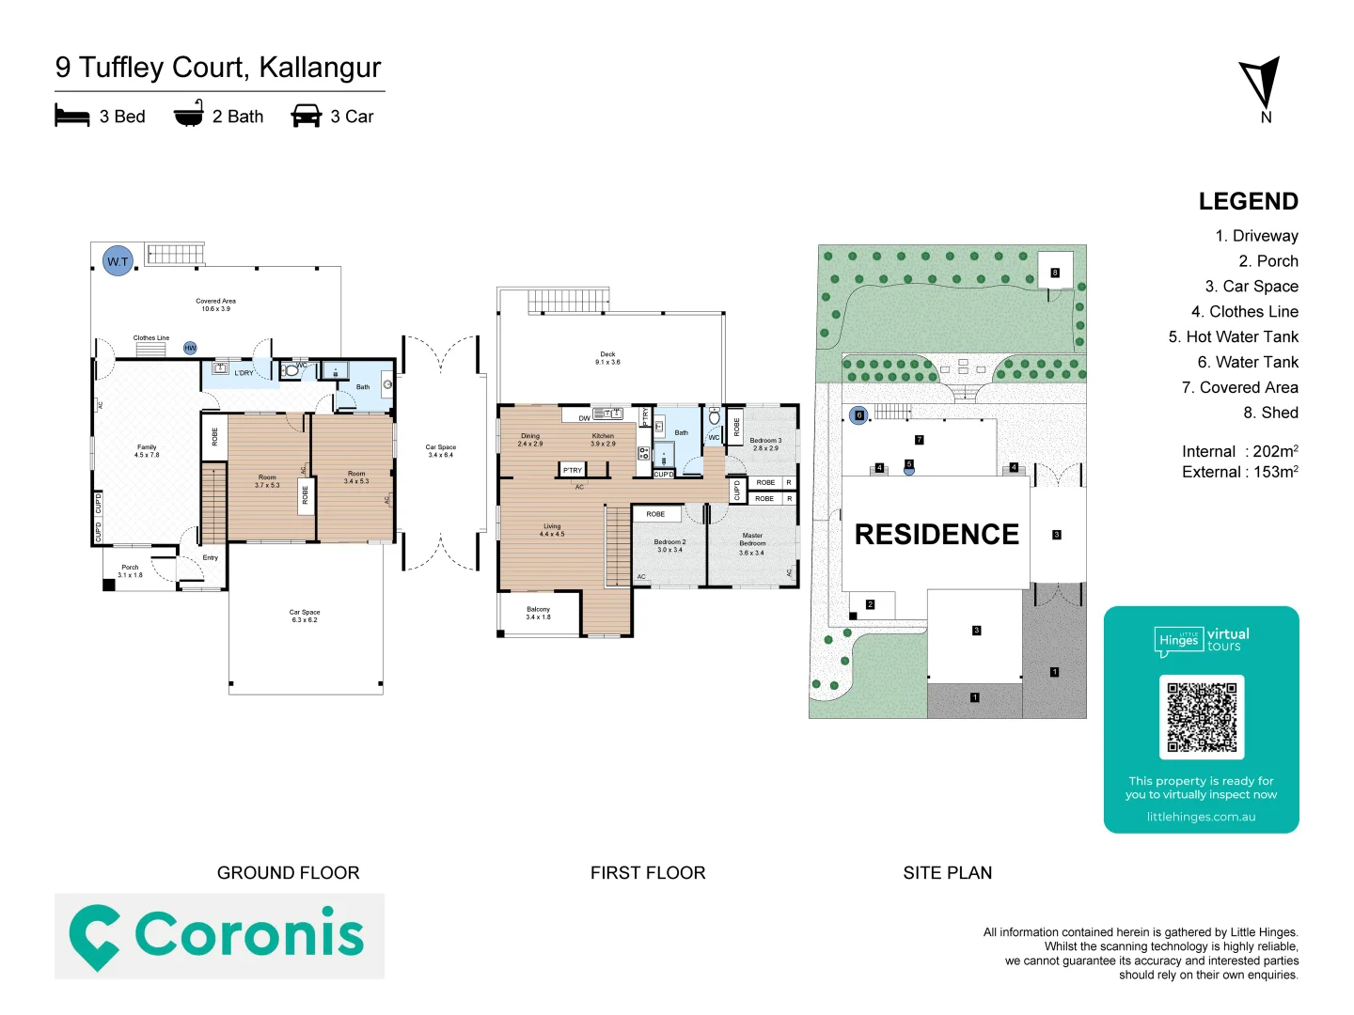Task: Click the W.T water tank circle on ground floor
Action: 118,261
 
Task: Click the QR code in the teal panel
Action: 1202,716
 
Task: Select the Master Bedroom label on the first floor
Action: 752,543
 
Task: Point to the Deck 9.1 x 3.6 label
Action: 607,358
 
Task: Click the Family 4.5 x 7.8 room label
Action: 147,451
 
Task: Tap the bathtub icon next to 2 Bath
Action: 189,115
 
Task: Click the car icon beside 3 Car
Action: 307,116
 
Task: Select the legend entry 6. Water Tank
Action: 1247,362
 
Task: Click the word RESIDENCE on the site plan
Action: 937,534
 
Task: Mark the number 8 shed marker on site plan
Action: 1055,273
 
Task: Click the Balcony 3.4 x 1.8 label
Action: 538,613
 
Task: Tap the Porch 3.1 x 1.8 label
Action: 130,570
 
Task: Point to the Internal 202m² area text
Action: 1239,451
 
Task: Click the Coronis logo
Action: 219,935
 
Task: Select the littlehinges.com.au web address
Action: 1201,817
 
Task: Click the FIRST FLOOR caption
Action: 648,872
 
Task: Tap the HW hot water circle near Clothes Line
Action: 190,348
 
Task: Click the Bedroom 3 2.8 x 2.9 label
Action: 765,444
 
